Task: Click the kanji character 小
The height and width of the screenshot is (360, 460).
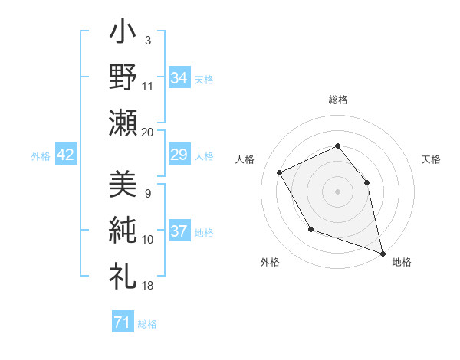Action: pyautogui.click(x=123, y=35)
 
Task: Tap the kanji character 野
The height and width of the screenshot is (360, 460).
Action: pyautogui.click(x=123, y=78)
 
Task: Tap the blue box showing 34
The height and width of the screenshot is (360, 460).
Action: pyautogui.click(x=179, y=78)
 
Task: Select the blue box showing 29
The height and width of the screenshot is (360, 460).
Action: pyautogui.click(x=179, y=155)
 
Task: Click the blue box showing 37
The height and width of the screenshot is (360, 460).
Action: pyautogui.click(x=179, y=232)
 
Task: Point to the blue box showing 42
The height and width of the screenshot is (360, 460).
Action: pyautogui.click(x=66, y=155)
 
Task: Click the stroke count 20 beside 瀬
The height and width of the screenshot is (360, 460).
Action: pyautogui.click(x=148, y=132)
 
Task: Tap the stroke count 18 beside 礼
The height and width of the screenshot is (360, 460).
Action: pyautogui.click(x=148, y=285)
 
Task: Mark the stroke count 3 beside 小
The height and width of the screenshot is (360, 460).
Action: pyautogui.click(x=148, y=40)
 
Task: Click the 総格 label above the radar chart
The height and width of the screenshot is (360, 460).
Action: pyautogui.click(x=338, y=100)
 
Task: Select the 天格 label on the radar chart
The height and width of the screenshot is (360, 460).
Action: pyautogui.click(x=432, y=159)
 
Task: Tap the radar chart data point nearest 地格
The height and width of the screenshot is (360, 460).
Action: pyautogui.click(x=384, y=254)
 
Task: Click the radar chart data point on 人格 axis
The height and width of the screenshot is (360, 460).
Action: pyautogui.click(x=280, y=172)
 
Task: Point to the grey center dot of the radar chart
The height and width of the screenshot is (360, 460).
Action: pyautogui.click(x=337, y=191)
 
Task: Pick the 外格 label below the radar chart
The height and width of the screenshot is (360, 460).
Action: pyautogui.click(x=270, y=262)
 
